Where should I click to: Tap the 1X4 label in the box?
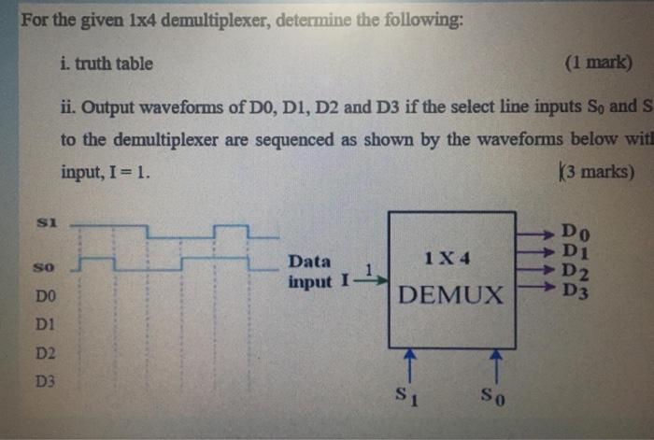click(446, 256)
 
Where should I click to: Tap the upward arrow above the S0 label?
click(496, 365)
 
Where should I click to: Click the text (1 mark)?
click(599, 64)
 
